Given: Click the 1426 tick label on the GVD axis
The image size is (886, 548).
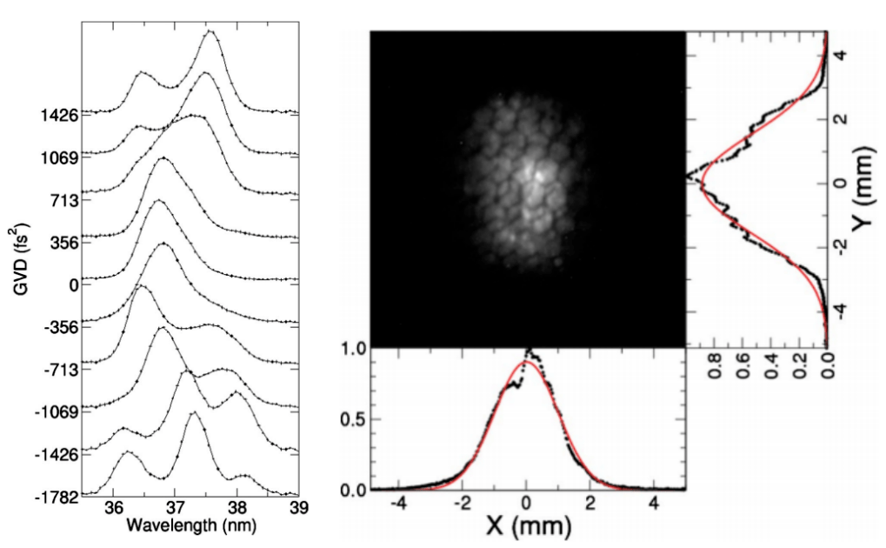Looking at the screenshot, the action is point(59,116).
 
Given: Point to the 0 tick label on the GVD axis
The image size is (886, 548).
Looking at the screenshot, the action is point(73,285).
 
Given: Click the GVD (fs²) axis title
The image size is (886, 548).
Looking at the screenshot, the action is point(22,260).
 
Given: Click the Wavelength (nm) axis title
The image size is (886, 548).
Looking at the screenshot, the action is point(191,526).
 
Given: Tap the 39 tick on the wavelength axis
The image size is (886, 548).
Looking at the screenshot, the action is point(299,508).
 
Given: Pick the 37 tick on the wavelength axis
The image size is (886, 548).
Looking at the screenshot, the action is point(175,508).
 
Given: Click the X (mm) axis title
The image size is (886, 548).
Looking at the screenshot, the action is point(528,527).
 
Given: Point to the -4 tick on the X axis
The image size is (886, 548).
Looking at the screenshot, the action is point(398,503).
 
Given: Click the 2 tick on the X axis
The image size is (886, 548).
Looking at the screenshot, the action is point(590,503).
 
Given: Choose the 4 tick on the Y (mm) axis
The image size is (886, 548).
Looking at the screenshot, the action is point(842,56).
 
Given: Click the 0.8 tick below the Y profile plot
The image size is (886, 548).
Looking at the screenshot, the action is point(715,366).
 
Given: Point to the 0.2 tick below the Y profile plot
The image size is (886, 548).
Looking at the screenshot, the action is point(800,366).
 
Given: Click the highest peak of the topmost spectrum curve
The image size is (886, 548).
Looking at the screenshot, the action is point(210,31).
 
